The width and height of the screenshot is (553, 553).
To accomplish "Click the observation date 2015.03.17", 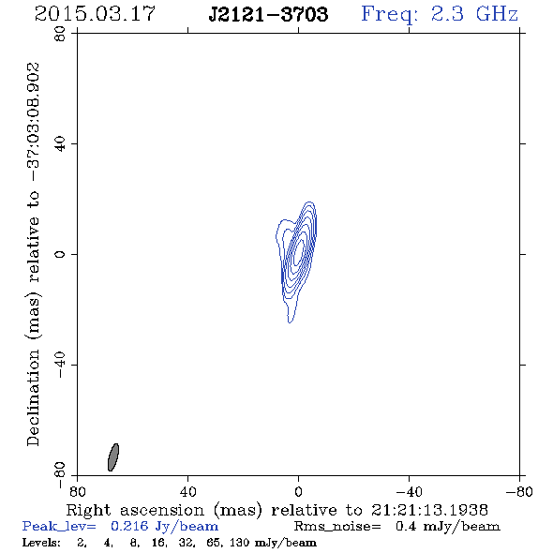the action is pos(95,14).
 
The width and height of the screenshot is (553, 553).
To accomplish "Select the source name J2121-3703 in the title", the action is pos(268,14).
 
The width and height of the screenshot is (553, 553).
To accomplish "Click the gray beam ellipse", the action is pos(113,457).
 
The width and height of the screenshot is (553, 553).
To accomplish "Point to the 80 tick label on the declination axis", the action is pos(60,34).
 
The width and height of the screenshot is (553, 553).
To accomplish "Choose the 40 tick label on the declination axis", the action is pos(60,144).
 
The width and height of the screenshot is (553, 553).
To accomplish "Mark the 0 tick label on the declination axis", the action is pos(60,254).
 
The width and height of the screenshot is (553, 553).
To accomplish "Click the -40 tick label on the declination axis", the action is pos(60,365).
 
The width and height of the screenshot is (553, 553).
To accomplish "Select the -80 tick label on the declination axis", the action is pos(60,475).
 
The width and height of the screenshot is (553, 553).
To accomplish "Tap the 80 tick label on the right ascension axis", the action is pos(77,492).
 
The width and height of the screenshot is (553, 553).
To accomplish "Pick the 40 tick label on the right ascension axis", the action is pos(187,492).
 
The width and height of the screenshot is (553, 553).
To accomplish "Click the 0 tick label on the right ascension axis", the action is pos(298,492).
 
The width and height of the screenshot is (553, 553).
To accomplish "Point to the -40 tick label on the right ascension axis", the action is pos(409,492).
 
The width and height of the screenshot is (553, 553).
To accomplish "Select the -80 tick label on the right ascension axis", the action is pos(519,492).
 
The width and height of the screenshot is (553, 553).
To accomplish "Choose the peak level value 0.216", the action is pos(129,526).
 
